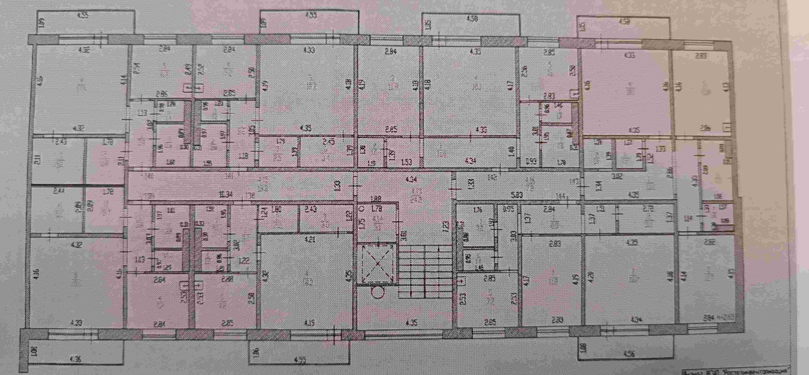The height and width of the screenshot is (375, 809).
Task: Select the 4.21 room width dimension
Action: pos(311,241)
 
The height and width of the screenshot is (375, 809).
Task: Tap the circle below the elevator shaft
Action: pos(378,292)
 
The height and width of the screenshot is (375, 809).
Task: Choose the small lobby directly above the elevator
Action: pos(376,221)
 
